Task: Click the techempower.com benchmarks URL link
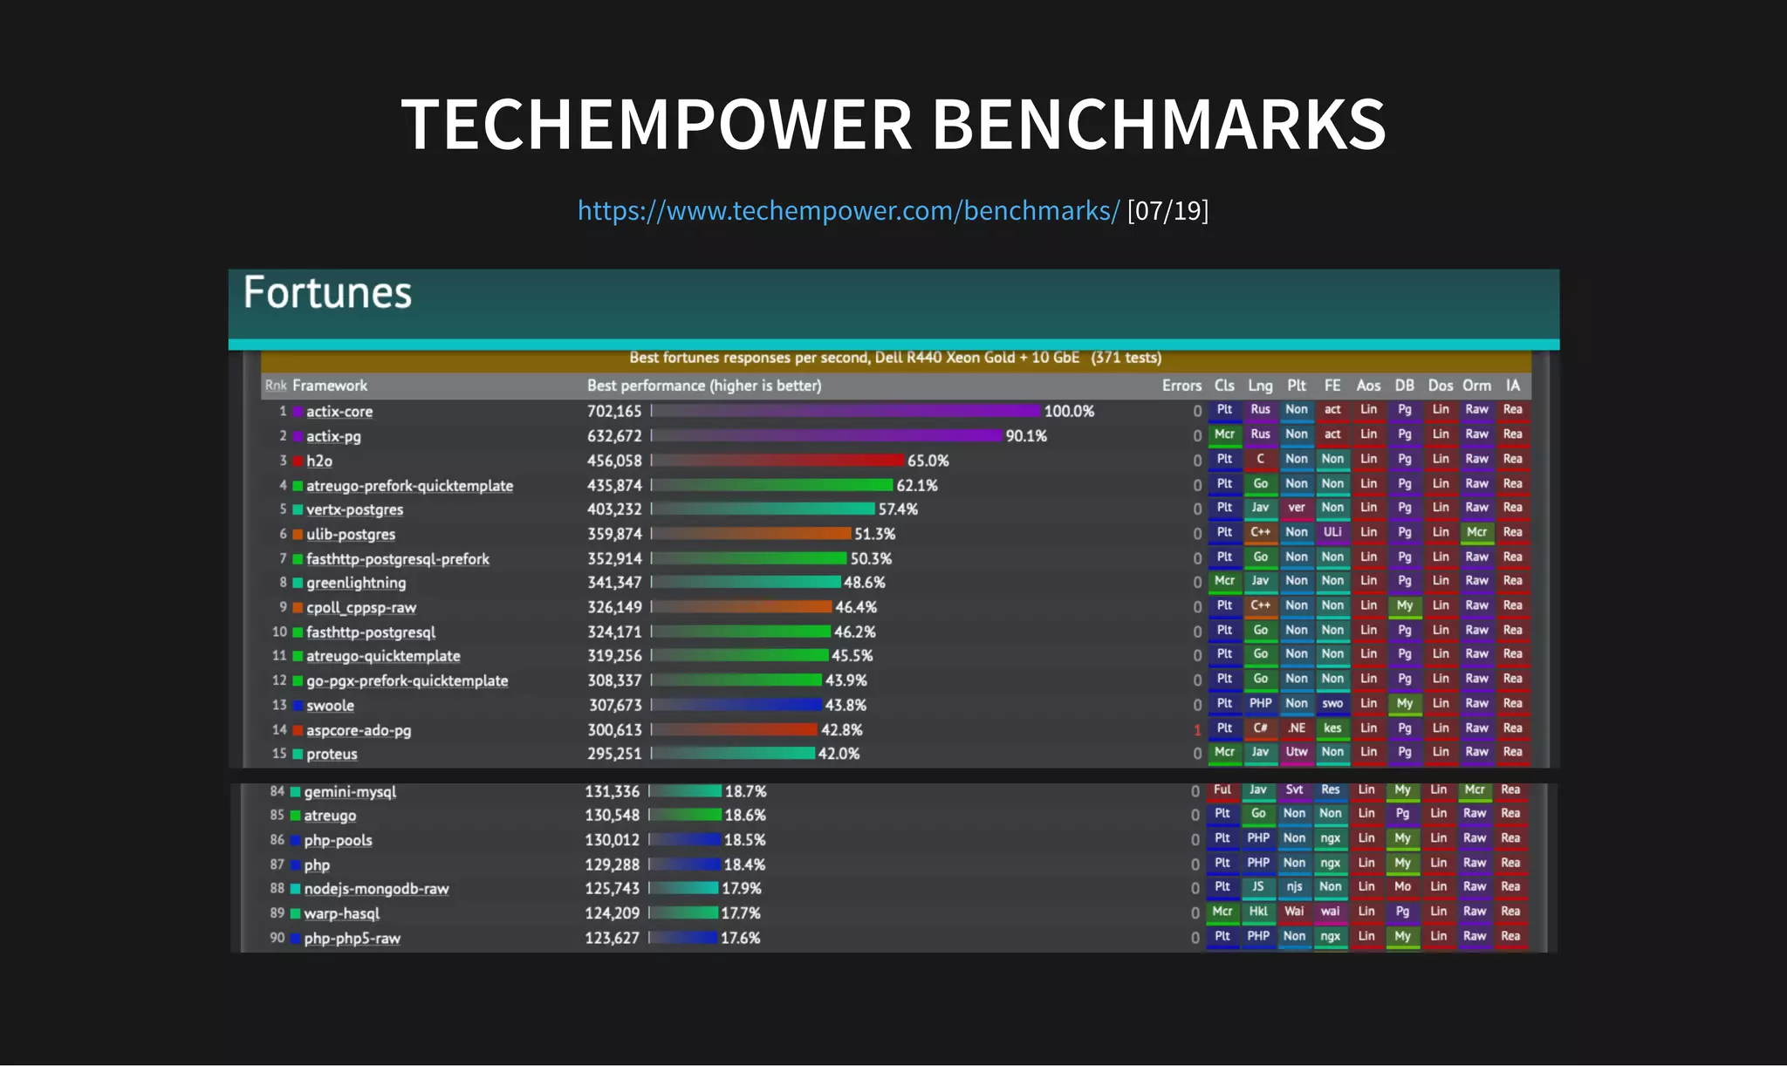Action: click(847, 210)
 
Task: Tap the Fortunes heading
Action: click(327, 293)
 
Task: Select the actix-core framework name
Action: click(339, 412)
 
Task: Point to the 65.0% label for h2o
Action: click(928, 461)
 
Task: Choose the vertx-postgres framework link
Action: click(354, 509)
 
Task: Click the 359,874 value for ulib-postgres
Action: click(614, 534)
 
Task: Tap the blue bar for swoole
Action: click(737, 705)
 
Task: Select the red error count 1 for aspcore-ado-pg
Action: click(1197, 729)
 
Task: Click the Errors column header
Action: click(1181, 386)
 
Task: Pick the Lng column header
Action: click(1260, 386)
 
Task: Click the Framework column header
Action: click(330, 386)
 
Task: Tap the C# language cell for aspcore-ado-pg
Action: click(1260, 728)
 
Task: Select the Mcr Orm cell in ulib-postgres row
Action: click(1476, 532)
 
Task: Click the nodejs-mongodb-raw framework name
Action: click(376, 889)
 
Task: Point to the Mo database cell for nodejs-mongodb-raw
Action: click(1402, 887)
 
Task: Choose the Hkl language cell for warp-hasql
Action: click(1258, 912)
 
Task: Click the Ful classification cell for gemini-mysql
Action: click(1222, 790)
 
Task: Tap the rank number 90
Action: click(277, 938)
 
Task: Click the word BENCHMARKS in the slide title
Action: click(1159, 124)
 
